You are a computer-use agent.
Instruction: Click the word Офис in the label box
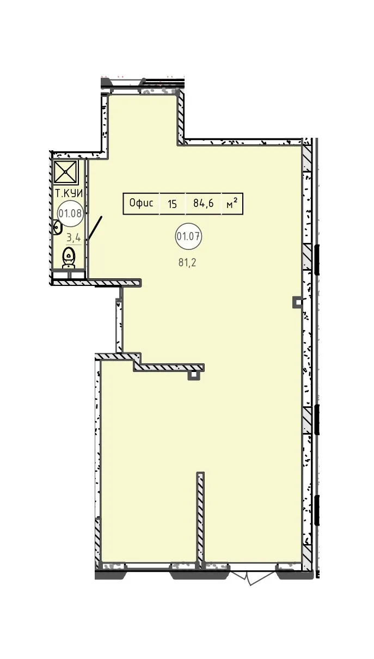point(141,203)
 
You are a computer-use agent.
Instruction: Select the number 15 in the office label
point(172,204)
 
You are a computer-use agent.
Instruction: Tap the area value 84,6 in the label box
point(203,203)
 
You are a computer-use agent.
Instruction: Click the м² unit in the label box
point(232,203)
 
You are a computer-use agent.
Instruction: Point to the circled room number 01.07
point(188,236)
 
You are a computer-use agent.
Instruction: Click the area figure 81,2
point(187,263)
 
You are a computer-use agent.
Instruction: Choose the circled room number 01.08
point(70,213)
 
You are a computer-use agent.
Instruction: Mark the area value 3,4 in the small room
point(73,237)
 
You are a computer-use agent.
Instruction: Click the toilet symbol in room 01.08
point(69,258)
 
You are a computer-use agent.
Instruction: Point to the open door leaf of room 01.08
point(95,229)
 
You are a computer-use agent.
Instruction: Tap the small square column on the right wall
point(298,302)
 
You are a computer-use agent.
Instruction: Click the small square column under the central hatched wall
point(193,375)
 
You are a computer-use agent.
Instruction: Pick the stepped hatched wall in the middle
point(150,363)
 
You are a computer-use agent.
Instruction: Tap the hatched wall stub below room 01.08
point(96,283)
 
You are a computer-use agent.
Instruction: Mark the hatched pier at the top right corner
point(307,155)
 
